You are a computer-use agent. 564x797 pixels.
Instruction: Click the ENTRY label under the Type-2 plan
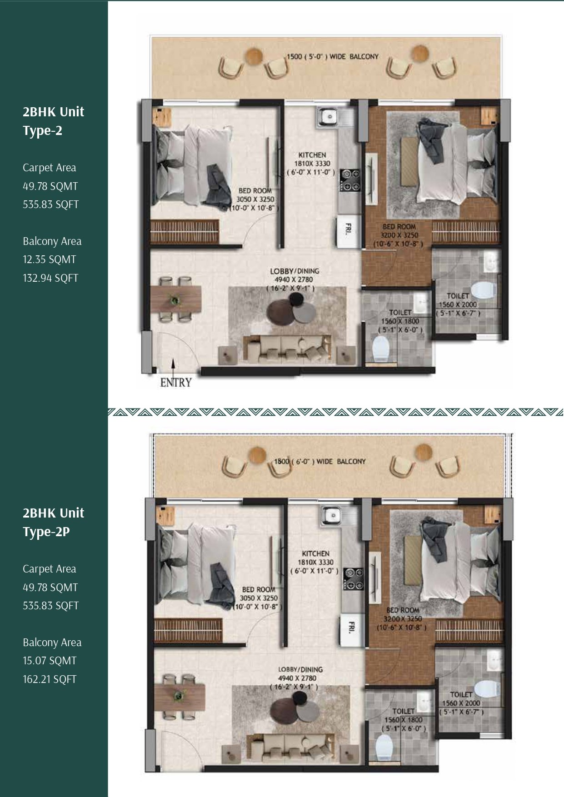click(x=176, y=383)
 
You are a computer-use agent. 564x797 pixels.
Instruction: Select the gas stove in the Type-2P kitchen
click(x=354, y=579)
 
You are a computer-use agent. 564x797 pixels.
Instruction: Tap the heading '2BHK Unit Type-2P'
click(x=53, y=522)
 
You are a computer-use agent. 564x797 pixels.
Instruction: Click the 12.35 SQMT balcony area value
click(x=50, y=259)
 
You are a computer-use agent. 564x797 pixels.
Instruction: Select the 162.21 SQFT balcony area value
click(x=50, y=679)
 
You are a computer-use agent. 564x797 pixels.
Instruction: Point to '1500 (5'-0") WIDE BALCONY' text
click(x=332, y=57)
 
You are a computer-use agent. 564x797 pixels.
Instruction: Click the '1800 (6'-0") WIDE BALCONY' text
click(x=319, y=462)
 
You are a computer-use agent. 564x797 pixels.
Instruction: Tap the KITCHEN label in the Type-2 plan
click(x=312, y=155)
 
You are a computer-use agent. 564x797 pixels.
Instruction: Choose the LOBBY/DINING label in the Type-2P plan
click(x=300, y=669)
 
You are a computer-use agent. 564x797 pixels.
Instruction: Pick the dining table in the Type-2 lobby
click(x=176, y=299)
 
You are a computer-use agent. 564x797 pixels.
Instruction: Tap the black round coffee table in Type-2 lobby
click(x=296, y=299)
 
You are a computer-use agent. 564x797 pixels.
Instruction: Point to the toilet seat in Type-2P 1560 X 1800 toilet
click(x=384, y=747)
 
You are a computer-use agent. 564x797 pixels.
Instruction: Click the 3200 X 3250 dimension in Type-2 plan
click(x=399, y=235)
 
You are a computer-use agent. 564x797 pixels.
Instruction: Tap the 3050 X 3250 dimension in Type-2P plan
click(x=259, y=598)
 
